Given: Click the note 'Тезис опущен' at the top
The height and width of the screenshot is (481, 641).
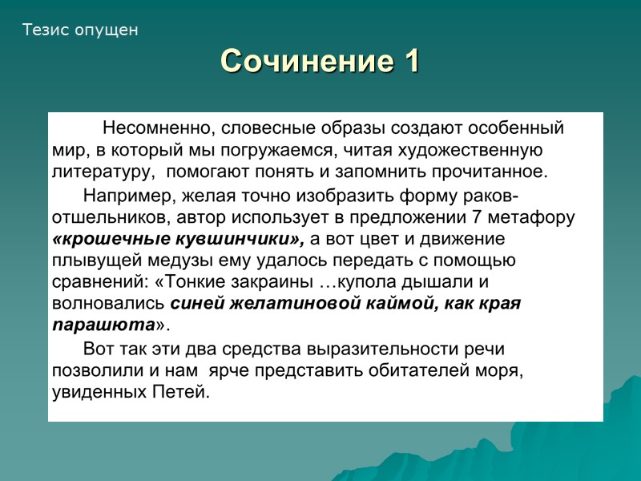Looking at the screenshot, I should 80,30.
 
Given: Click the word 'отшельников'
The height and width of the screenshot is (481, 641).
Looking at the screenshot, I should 103,217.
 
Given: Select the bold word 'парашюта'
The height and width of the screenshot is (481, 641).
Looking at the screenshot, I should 103,325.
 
